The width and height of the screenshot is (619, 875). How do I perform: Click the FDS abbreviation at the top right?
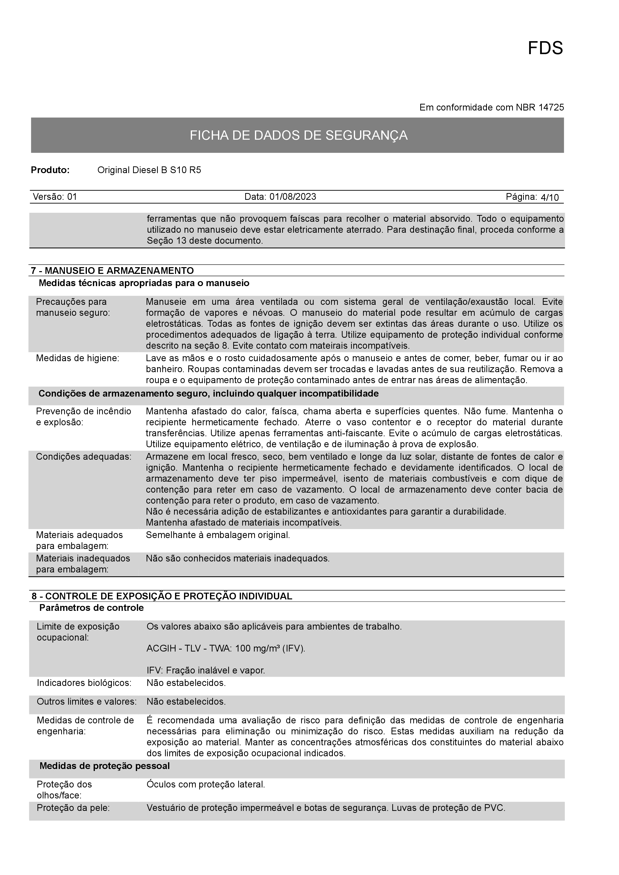tap(545, 48)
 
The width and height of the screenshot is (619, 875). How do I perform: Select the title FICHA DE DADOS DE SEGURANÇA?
tap(299, 135)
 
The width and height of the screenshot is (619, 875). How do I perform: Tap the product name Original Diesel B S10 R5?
tap(149, 170)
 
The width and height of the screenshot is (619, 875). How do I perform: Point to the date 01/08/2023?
tap(293, 197)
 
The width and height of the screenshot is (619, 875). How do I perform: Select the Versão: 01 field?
tap(55, 197)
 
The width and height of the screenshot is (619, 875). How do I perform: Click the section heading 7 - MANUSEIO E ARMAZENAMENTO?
tap(113, 271)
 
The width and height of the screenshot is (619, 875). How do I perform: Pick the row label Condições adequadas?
tap(84, 456)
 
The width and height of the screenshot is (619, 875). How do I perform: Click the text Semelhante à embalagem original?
tap(218, 535)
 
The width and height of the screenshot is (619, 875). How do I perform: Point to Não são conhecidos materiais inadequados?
tap(238, 559)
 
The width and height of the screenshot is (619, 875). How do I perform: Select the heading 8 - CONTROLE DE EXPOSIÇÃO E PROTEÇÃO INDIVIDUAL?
tap(162, 596)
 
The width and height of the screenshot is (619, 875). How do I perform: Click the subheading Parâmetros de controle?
tap(92, 608)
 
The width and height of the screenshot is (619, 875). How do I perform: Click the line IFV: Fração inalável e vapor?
tap(206, 670)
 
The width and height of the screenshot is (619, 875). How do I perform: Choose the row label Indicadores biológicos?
tap(84, 683)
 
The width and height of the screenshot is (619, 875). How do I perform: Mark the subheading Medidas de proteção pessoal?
tap(105, 766)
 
